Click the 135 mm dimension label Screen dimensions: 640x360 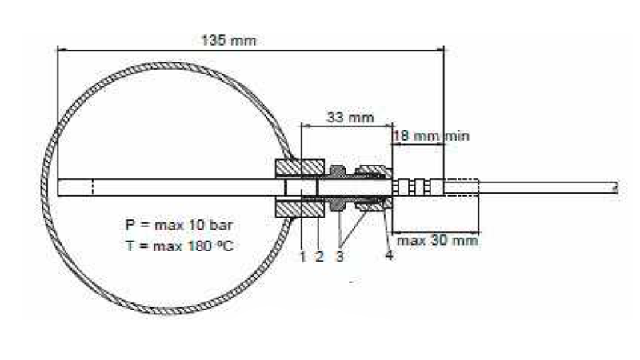click(x=229, y=41)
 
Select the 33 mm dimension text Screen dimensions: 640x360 click(x=350, y=118)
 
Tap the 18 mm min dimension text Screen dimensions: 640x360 click(x=431, y=135)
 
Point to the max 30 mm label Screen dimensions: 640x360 click(x=437, y=240)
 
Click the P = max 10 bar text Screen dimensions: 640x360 click(x=179, y=225)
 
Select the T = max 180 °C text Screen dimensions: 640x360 click(x=179, y=246)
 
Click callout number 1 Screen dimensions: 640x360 click(x=302, y=257)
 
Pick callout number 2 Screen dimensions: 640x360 click(x=319, y=256)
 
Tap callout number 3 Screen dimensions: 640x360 click(x=339, y=256)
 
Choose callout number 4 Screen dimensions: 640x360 click(x=389, y=255)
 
